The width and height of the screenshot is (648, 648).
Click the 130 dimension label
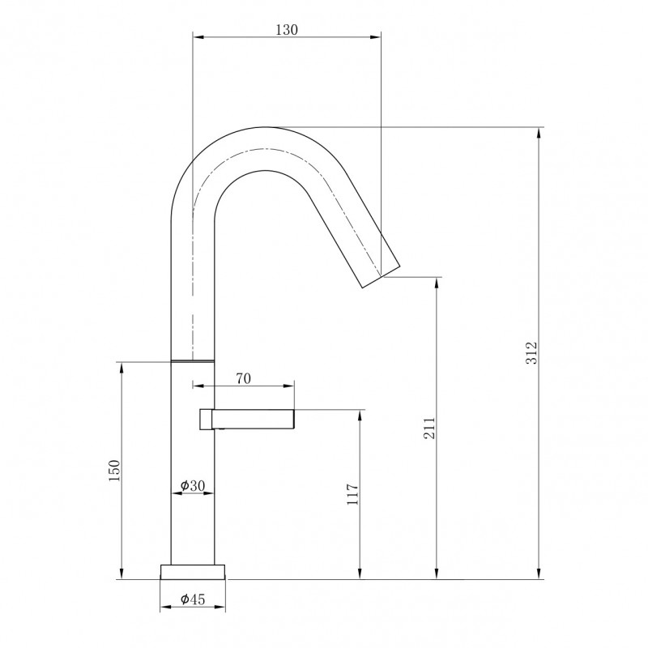pos(287,30)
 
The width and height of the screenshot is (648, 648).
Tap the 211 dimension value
pos(430,428)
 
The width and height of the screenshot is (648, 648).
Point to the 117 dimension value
pos(352,493)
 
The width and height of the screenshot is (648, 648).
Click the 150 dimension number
pos(113,470)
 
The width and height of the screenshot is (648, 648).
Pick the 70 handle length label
pos(244,378)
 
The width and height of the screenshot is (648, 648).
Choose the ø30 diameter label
pos(193,485)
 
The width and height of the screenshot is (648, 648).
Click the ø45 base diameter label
pos(193,599)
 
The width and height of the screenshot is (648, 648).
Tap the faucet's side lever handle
pos(247,420)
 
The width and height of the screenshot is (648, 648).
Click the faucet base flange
pos(193,572)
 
